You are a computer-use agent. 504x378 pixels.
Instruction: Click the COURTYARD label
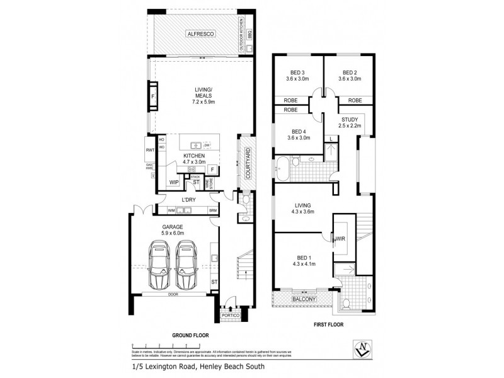click(248, 163)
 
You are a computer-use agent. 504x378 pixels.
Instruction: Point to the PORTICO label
click(231, 314)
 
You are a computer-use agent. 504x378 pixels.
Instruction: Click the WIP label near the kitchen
click(173, 182)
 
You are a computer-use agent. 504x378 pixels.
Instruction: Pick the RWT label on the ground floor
click(150, 150)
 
